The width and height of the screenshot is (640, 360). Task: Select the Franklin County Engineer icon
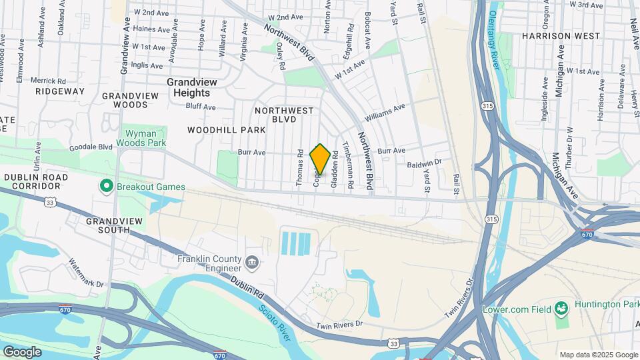pyautogui.click(x=251, y=261)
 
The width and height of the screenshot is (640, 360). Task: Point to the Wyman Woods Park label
pyautogui.click(x=141, y=137)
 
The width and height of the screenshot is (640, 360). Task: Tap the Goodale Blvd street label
pyautogui.click(x=95, y=146)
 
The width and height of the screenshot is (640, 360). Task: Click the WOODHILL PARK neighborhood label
pyautogui.click(x=217, y=129)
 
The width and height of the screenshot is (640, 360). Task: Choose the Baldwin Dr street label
pyautogui.click(x=425, y=162)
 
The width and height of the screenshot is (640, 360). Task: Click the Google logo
pyautogui.click(x=22, y=351)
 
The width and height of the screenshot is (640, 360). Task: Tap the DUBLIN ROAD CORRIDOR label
pyautogui.click(x=35, y=182)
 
